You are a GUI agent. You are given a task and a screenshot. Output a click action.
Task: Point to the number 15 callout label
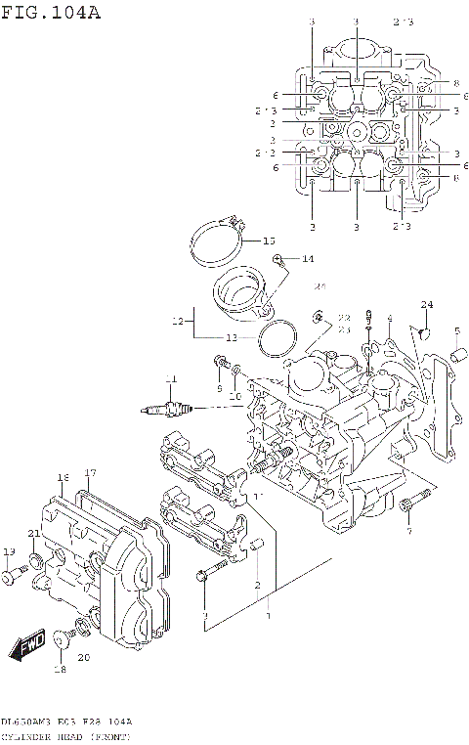point(270,241)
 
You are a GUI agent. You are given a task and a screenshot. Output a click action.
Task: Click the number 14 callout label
point(307,259)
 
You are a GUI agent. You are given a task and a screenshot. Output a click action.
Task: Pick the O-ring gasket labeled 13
point(278,338)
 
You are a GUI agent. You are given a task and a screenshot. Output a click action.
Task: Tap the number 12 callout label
point(177,321)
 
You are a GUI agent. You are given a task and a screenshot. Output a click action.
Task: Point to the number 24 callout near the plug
point(426,305)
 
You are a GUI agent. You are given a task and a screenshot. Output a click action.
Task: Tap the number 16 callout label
point(62,477)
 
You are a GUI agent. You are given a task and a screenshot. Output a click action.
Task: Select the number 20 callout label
point(83,657)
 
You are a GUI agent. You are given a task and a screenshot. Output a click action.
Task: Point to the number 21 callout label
point(33,533)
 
